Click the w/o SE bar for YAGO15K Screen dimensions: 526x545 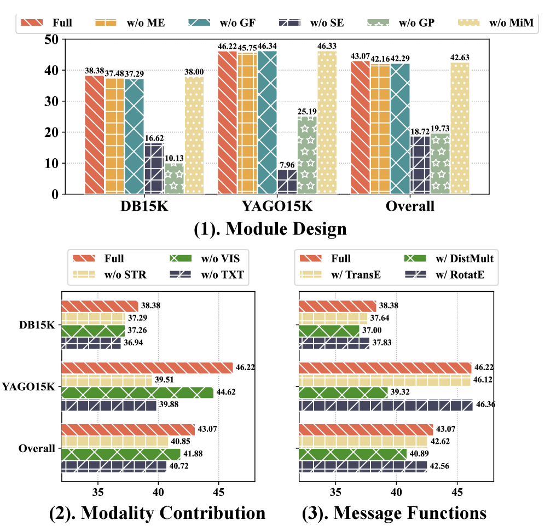tap(287, 182)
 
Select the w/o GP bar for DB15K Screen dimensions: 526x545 tap(174, 178)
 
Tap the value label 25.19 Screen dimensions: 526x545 tap(306, 111)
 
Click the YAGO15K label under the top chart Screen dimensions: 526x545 tap(277, 206)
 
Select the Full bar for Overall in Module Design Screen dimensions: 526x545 tap(361, 128)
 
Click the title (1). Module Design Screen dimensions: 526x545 tap(270, 228)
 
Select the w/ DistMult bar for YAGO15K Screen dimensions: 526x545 tap(343, 392)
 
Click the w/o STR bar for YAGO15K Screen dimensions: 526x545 tap(106, 380)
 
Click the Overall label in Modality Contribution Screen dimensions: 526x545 tap(37, 448)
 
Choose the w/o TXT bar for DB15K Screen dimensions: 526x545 tap(91, 343)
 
